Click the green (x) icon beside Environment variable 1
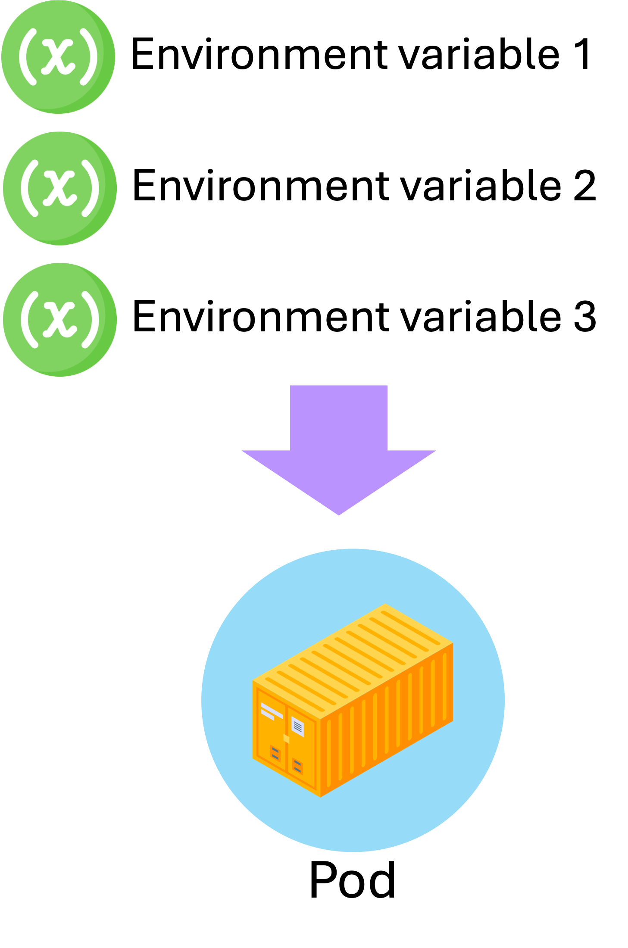58,57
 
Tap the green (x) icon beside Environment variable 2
59,188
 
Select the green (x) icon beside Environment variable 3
59,320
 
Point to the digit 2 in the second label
584,186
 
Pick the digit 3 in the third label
584,317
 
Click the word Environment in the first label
259,54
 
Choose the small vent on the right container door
297,766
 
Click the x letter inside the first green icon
58,57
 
